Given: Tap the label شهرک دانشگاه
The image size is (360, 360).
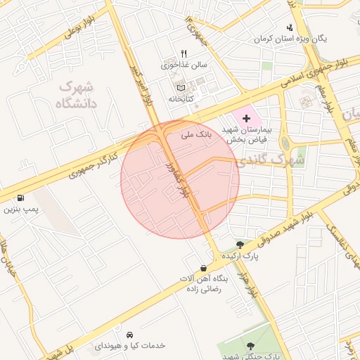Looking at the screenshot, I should (77, 96).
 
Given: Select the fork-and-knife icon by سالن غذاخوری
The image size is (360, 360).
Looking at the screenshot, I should (184, 53).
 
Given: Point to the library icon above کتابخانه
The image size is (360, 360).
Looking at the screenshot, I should (181, 89).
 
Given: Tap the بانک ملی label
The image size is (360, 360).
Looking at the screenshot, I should (195, 132).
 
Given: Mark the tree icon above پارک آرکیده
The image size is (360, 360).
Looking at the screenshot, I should (241, 245).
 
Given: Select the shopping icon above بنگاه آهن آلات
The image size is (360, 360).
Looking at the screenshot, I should (203, 268).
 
